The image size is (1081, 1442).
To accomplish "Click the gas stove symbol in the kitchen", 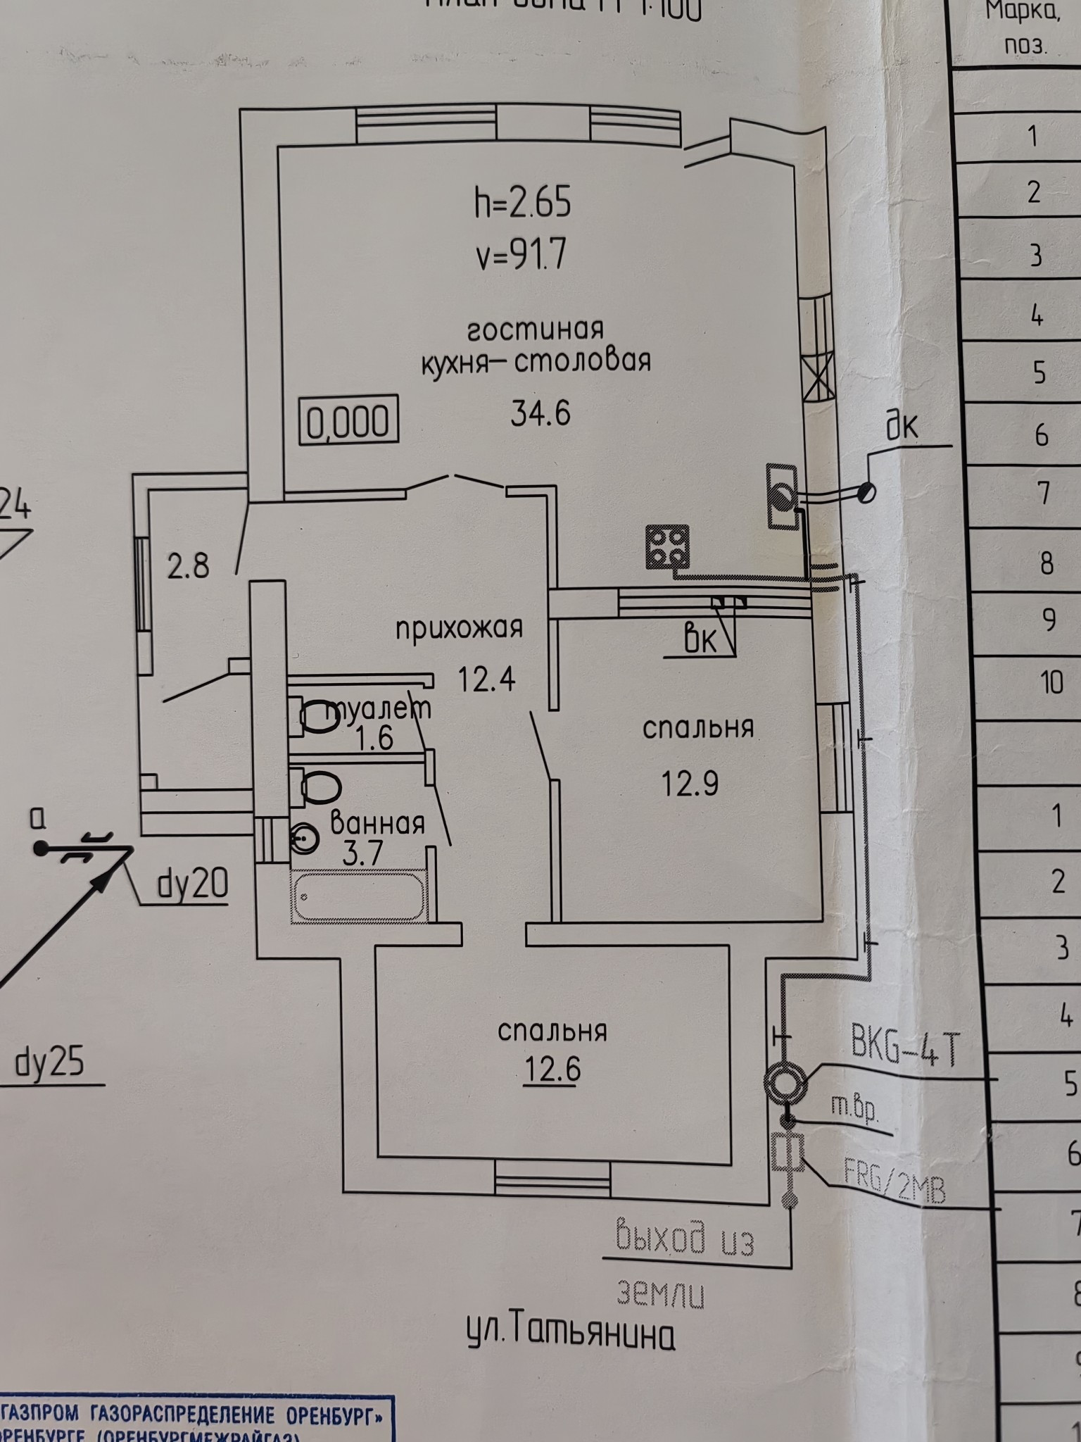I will (668, 546).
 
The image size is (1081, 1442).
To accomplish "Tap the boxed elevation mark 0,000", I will (348, 422).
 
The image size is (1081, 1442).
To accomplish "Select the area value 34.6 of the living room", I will (540, 413).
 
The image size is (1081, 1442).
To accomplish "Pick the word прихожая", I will (459, 627).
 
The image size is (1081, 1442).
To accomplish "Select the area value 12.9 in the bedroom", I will (690, 782).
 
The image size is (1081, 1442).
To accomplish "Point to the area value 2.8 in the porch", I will (189, 565).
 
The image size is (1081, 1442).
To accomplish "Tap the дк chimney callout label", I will (902, 426).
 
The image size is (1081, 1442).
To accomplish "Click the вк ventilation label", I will (700, 641).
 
